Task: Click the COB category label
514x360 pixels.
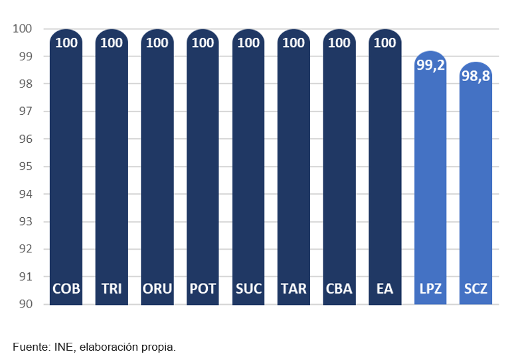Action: [66, 289]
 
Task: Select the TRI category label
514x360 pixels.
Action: [112, 289]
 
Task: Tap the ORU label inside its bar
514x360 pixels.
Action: [157, 289]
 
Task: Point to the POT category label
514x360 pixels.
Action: [203, 289]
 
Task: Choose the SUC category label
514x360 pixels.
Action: [248, 289]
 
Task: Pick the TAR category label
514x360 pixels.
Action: [294, 289]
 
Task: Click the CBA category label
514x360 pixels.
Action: [339, 289]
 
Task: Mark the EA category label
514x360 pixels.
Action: [385, 289]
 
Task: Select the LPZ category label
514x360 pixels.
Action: [430, 289]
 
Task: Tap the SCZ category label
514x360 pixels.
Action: [475, 289]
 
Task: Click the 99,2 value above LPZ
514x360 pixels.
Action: [430, 66]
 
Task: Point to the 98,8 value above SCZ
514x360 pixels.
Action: [475, 76]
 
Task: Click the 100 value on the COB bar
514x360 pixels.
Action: [66, 43]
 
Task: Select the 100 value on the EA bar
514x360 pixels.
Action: [385, 43]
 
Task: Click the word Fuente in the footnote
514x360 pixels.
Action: [30, 347]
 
